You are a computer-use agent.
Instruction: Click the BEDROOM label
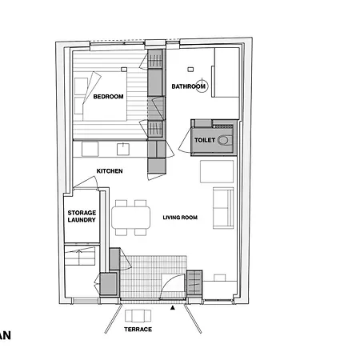coord(108,97)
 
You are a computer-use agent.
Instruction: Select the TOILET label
coord(206,140)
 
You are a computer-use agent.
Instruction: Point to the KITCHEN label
coord(109,172)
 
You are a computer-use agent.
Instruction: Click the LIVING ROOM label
coord(180,218)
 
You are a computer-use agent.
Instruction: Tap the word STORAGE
coord(82,212)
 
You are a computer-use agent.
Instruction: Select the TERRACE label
coord(138,330)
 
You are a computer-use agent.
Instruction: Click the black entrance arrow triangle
coord(173,307)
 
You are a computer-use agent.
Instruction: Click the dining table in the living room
coord(131,217)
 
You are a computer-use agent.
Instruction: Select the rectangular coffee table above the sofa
coord(216,171)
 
